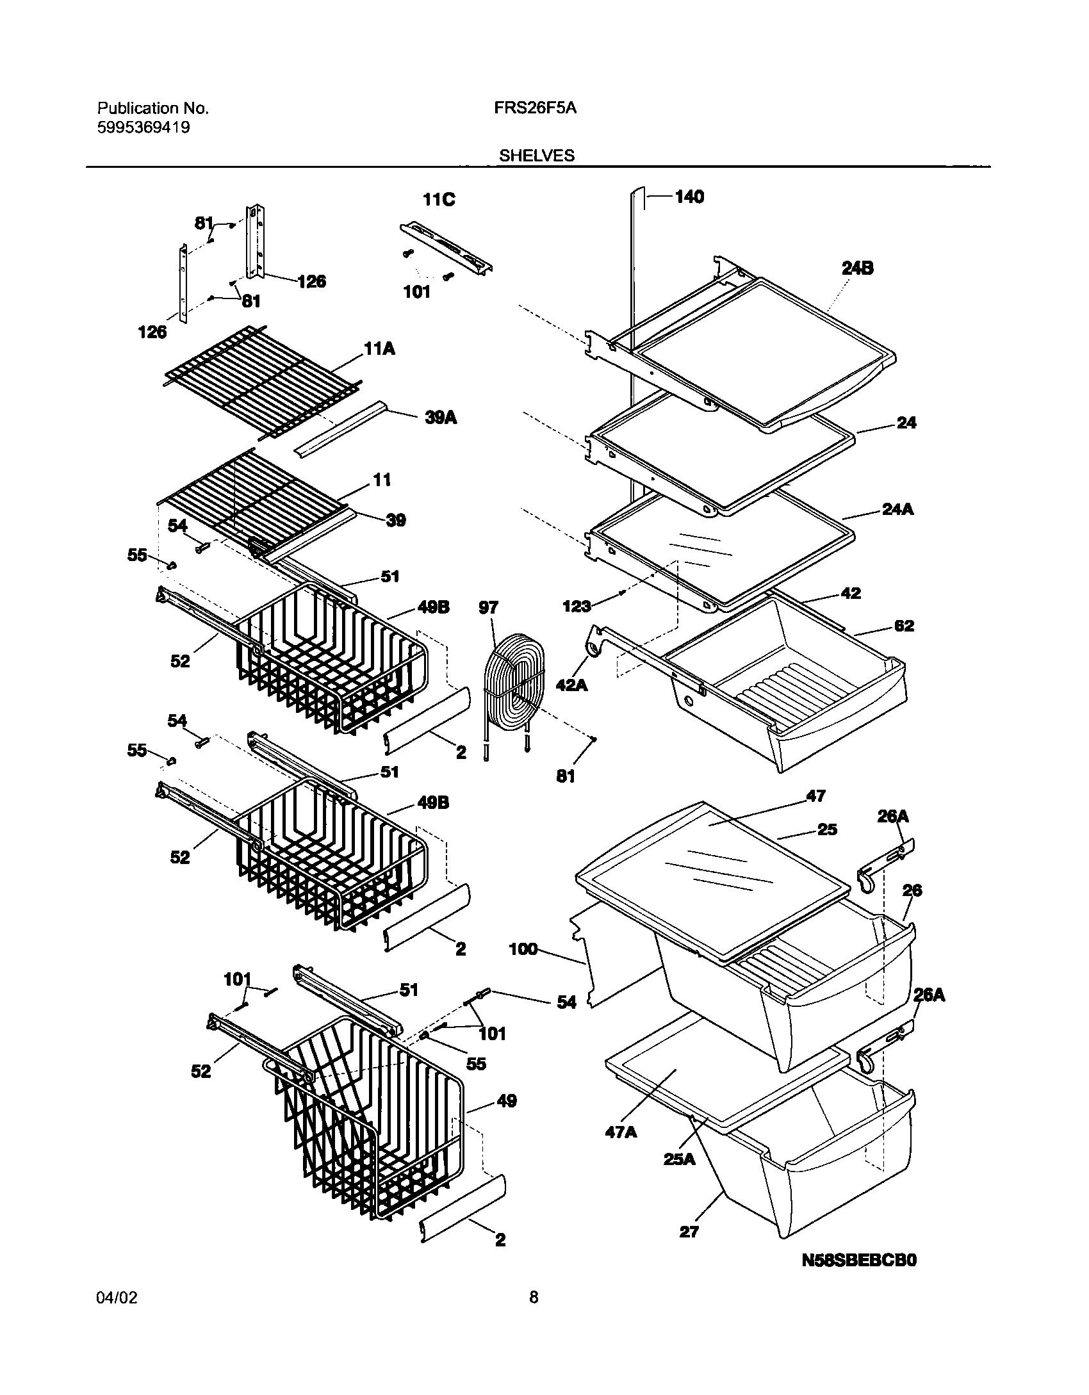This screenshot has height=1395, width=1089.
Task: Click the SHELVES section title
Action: pyautogui.click(x=537, y=156)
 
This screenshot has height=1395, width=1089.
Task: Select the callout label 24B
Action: pyautogui.click(x=857, y=268)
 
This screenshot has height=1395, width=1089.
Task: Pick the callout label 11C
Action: pyautogui.click(x=439, y=200)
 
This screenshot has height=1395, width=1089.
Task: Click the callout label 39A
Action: pyautogui.click(x=441, y=418)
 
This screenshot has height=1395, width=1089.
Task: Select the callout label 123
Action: pyautogui.click(x=577, y=606)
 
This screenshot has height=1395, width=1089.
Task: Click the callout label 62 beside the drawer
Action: pyautogui.click(x=904, y=626)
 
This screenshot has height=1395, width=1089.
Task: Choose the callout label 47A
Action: pyautogui.click(x=621, y=1132)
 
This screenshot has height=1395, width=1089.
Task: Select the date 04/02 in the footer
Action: pyautogui.click(x=117, y=1316)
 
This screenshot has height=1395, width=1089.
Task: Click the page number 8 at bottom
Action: pyautogui.click(x=534, y=1316)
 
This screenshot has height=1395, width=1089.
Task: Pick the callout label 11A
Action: pyautogui.click(x=380, y=349)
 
